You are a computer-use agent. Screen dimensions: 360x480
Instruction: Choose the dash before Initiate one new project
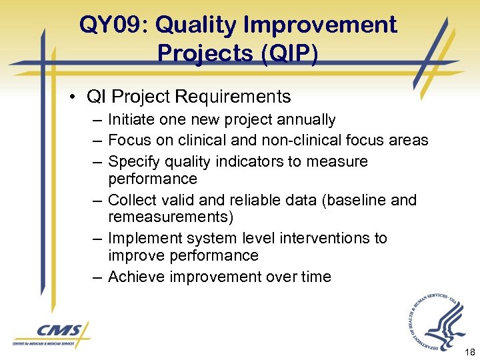click(x=98, y=121)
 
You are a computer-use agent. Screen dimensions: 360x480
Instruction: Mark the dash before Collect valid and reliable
click(x=98, y=201)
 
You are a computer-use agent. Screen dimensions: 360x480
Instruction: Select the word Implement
click(x=139, y=239)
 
